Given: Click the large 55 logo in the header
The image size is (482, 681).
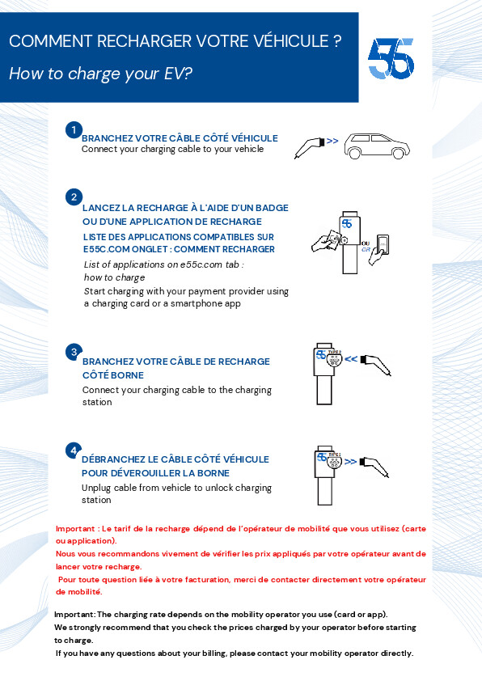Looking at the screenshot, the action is coord(391,58).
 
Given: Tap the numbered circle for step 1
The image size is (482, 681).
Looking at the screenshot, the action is coord(74,130).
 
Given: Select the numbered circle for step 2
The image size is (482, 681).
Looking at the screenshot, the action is coord(74,197).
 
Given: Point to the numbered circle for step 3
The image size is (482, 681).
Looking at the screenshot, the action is coord(74,352).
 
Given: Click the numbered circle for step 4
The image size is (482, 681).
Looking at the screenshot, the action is coord(74,450).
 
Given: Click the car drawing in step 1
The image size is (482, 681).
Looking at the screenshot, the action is coord(377,146).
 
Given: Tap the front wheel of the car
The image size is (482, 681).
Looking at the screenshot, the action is coord(398,154).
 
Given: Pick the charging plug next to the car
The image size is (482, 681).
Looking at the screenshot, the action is coord(310,148).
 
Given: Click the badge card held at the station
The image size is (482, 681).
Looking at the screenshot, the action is coord(333,239).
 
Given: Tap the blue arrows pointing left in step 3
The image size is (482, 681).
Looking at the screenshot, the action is coord(351,359).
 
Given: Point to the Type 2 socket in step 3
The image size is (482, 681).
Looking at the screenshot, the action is coord(334,360).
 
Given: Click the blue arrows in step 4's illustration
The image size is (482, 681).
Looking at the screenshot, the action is coord(350,462).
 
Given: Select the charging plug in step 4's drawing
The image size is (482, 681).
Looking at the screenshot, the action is coord(374,467).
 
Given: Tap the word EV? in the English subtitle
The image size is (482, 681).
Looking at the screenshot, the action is coord(178,74).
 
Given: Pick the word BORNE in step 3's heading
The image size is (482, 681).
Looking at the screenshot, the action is coord(127,375).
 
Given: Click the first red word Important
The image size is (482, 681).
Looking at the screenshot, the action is coord(75,529).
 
